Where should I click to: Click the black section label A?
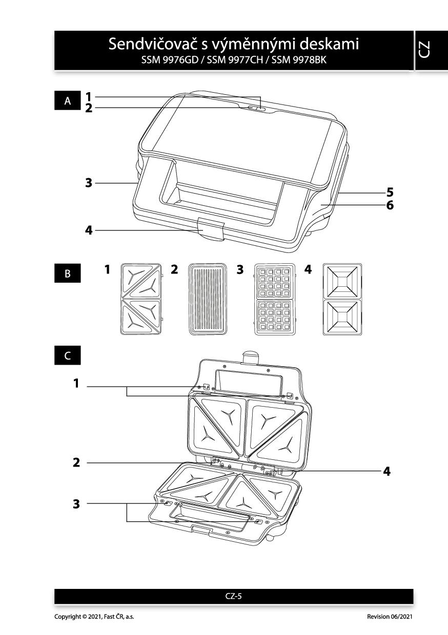68,100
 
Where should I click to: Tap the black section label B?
68,273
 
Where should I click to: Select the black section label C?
68,355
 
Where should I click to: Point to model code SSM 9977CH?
235,60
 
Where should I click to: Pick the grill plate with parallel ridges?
208,299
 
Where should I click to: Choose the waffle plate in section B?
275,299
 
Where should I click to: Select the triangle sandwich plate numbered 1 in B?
141,299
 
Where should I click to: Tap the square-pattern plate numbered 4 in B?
342,299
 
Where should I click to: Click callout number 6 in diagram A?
390,205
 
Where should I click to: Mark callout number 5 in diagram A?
390,192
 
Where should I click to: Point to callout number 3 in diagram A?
89,183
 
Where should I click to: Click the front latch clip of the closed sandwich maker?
211,228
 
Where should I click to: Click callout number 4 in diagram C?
386,471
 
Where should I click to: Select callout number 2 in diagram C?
76,462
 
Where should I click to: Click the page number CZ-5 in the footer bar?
234,596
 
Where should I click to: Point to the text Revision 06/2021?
390,616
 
